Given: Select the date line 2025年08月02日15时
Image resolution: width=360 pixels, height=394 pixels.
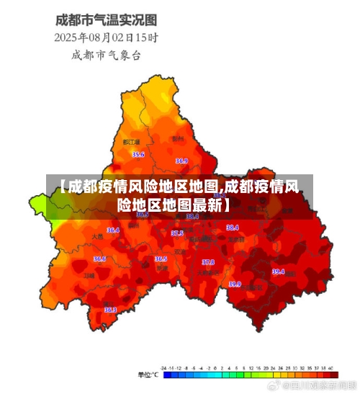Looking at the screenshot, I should (107, 36).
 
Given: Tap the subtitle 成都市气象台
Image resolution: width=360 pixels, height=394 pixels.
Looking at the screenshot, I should (106, 54).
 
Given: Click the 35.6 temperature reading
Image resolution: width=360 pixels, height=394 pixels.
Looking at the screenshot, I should (138, 155).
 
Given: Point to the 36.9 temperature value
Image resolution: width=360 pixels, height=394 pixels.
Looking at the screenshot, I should (181, 161).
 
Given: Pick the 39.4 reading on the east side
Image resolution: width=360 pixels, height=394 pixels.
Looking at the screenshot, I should (278, 272).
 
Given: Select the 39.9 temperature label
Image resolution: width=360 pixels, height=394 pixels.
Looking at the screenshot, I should (235, 284).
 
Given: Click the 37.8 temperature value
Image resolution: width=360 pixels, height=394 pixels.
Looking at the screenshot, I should (208, 262).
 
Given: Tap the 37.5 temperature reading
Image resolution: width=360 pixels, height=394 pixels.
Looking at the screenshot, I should (177, 233).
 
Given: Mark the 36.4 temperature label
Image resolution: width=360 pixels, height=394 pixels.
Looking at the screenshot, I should (113, 230).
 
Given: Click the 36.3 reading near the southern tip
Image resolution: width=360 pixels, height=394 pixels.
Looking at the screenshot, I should (110, 310).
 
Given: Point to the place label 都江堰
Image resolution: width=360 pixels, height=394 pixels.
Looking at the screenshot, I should (131, 143).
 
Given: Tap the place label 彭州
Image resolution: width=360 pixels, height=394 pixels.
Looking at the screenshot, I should (177, 138).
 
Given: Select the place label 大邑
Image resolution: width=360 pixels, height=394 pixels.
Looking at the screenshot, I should (98, 236).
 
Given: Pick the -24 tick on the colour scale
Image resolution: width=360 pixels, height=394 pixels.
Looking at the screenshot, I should (165, 368).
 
